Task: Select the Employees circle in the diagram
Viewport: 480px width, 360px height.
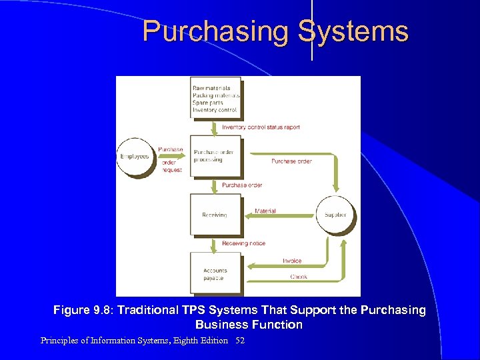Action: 135,157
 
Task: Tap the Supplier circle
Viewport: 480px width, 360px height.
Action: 335,215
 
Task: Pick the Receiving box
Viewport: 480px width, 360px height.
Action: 215,215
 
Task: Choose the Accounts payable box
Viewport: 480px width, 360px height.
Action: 215,273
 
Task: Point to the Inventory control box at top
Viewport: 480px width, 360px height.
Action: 215,99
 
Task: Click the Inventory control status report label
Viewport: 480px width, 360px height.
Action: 261,127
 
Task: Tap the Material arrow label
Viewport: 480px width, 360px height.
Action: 265,211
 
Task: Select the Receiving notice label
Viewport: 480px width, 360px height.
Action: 243,243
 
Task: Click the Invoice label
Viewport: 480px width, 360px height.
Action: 292,261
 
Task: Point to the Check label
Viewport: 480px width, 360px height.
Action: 299,277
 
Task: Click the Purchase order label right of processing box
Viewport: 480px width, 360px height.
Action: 291,161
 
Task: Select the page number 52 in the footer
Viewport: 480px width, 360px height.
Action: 240,341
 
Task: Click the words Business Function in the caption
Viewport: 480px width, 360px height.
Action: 249,325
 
